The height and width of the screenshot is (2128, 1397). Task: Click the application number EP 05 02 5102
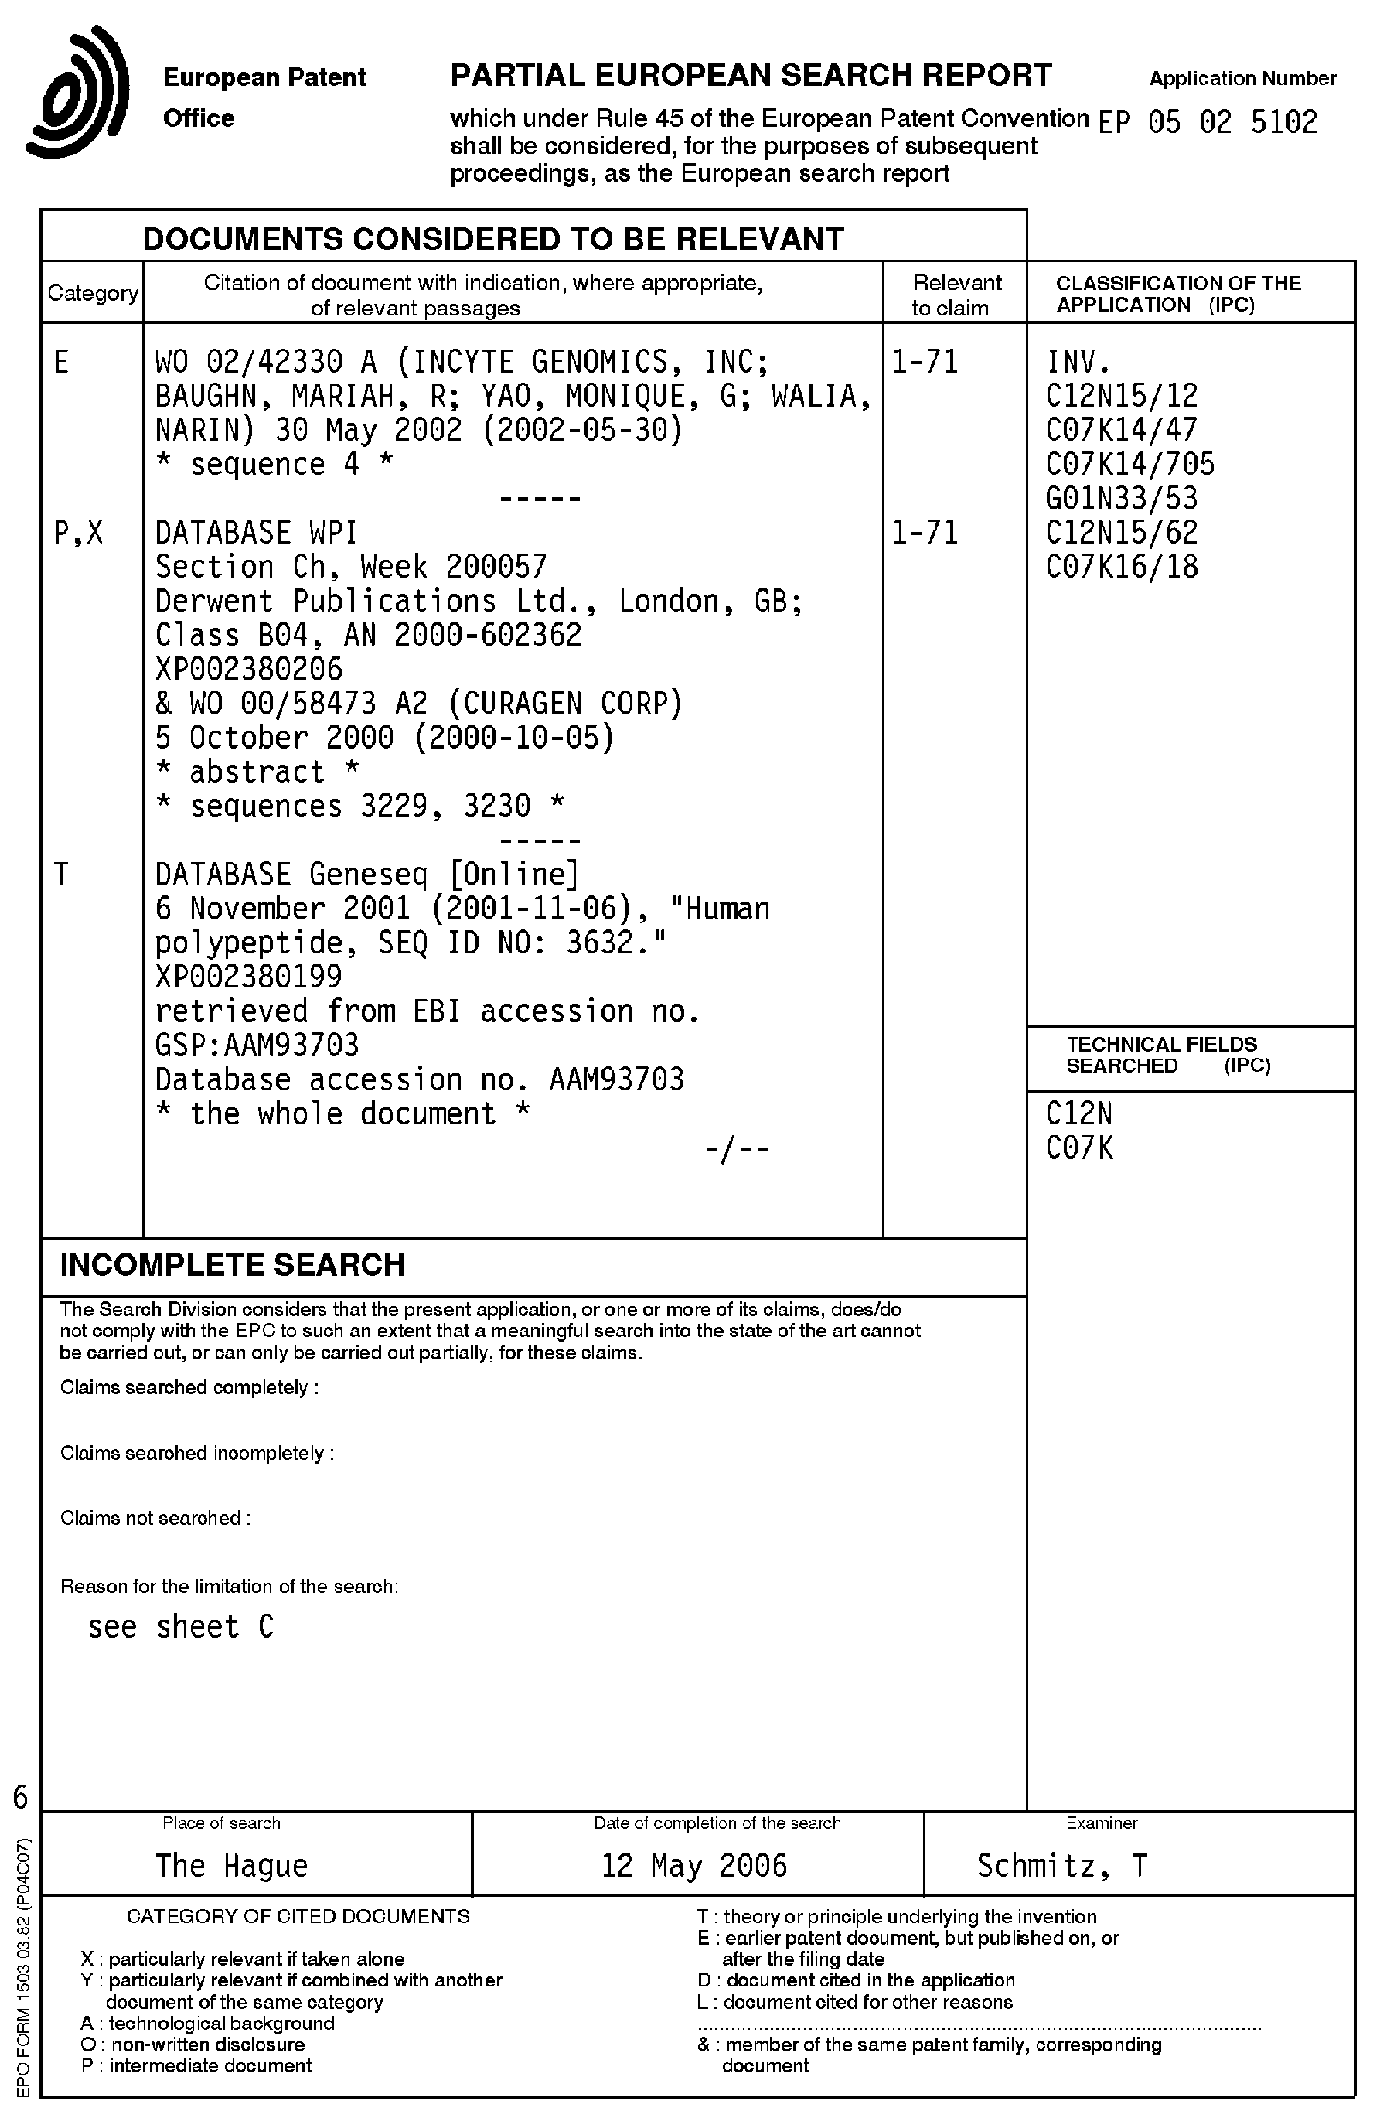(x=1208, y=121)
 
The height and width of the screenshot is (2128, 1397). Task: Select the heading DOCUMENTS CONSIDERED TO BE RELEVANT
(x=492, y=239)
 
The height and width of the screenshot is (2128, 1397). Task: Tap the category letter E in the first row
(x=61, y=362)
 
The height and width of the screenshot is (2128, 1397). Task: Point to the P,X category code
(x=79, y=533)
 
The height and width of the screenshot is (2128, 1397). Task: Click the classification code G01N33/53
(x=1121, y=498)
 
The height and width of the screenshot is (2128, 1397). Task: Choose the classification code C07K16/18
(x=1121, y=567)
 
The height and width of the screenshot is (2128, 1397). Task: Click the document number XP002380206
(x=248, y=669)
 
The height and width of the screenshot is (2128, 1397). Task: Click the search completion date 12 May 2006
(x=693, y=1866)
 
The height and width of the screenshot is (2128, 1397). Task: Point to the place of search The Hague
(x=231, y=1866)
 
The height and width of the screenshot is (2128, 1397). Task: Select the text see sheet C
(x=181, y=1626)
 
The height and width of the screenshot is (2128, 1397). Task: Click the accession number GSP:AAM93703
(x=257, y=1045)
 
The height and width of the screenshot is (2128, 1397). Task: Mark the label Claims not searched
(x=154, y=1518)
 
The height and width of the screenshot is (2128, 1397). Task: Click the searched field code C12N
(x=1078, y=1114)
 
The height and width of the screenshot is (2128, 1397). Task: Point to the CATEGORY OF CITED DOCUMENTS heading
(x=298, y=1916)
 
